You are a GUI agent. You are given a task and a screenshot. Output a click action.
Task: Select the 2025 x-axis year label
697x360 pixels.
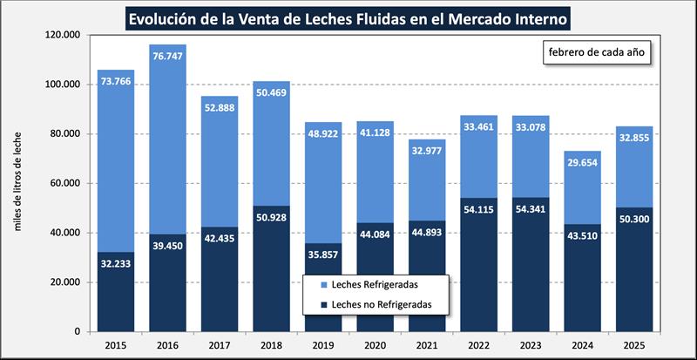(x=634, y=345)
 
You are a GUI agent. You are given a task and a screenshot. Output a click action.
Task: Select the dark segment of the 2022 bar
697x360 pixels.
(x=480, y=262)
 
